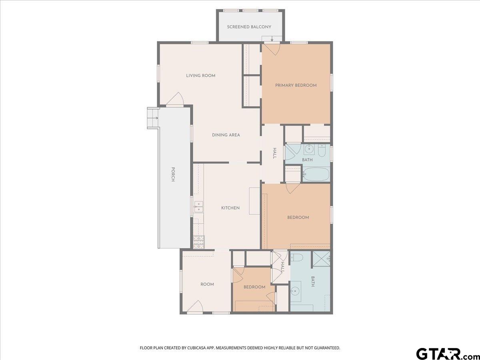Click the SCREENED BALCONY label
[x=249, y=27]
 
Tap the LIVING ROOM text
[x=201, y=76]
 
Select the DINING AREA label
[x=226, y=135]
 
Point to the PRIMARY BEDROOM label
[x=296, y=86]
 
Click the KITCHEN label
[x=230, y=208]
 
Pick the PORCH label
[x=173, y=174]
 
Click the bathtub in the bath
[x=316, y=174]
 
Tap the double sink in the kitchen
[x=198, y=206]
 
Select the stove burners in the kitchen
[x=198, y=242]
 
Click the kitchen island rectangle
[x=254, y=201]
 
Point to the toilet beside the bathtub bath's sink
[x=321, y=151]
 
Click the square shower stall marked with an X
[x=321, y=259]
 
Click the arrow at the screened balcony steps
[x=272, y=38]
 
